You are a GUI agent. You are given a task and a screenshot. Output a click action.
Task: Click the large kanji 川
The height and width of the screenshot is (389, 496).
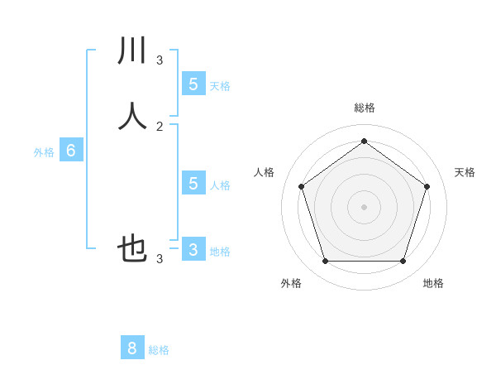tap(133, 50)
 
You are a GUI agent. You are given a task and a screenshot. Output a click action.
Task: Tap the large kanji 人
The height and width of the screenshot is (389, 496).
tap(133, 116)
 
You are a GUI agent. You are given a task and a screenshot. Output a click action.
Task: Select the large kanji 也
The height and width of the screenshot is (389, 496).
tap(133, 248)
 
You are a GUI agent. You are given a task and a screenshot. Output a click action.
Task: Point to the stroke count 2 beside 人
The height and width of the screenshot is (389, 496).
tap(160, 127)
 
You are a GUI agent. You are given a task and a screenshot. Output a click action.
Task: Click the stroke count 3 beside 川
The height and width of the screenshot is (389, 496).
tap(160, 60)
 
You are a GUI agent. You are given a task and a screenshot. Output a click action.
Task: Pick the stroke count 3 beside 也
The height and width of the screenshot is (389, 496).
tap(160, 259)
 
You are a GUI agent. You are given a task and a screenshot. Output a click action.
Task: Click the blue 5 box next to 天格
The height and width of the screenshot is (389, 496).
tap(193, 84)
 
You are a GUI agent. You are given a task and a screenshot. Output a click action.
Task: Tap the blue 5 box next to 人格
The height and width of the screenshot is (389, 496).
tap(193, 183)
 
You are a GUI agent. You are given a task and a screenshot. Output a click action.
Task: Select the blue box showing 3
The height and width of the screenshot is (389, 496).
tap(193, 249)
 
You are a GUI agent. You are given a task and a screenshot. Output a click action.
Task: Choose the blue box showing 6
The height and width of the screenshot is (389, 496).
tap(71, 151)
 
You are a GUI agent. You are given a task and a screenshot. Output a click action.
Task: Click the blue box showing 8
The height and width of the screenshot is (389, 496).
tap(132, 348)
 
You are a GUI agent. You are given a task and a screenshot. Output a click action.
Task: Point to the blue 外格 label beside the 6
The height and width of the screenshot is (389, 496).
tap(44, 152)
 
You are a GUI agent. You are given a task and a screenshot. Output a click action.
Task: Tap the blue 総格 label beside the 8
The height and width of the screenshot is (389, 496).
tap(159, 350)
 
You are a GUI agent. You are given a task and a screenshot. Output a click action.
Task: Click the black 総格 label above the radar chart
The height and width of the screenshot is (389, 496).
tap(364, 108)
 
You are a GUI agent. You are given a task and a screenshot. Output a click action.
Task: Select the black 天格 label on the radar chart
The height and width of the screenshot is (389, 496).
tap(465, 172)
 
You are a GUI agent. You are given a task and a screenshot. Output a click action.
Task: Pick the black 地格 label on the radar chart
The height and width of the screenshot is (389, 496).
tap(433, 283)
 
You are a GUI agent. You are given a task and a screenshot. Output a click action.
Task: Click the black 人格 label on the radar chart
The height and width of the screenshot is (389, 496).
tap(264, 172)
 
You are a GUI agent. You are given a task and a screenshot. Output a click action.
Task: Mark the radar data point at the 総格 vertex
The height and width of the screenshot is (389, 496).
tap(364, 142)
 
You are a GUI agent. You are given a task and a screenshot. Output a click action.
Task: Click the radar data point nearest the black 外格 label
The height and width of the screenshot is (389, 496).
tap(325, 262)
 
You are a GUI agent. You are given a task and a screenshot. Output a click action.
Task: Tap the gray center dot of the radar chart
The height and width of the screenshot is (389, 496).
tap(364, 206)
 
